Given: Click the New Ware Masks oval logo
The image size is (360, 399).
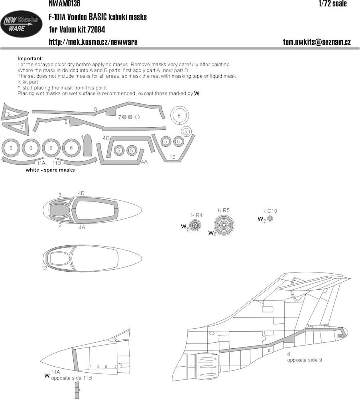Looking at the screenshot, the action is tap(22, 24).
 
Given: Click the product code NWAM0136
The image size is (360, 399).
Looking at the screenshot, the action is tap(65, 3).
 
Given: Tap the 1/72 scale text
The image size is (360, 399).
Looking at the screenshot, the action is tap(332, 3).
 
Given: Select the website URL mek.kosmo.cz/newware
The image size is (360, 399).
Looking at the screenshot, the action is tap(93, 42).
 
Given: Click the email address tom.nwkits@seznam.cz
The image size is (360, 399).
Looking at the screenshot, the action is tap(317, 42).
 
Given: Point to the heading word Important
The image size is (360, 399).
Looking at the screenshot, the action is tap(30, 59).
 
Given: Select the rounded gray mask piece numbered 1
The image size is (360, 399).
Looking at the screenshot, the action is tap(87, 145).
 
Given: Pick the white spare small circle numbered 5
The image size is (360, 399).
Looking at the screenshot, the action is tap(186, 131).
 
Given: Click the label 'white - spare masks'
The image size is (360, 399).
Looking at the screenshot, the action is tap(50, 170).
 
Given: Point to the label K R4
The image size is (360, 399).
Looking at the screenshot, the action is tap(197, 215).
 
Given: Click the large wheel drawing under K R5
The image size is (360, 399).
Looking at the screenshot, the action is tap(224, 225).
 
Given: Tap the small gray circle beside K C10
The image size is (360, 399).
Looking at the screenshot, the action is tap(270, 218).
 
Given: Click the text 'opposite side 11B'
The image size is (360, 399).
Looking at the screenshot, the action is tap(71, 378).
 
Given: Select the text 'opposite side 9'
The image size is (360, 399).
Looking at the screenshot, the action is tap(305, 360).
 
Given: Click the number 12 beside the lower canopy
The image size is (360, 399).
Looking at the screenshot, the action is tap(44, 268).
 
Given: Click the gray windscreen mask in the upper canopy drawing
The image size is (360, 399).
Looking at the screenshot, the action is tap(57, 210).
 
